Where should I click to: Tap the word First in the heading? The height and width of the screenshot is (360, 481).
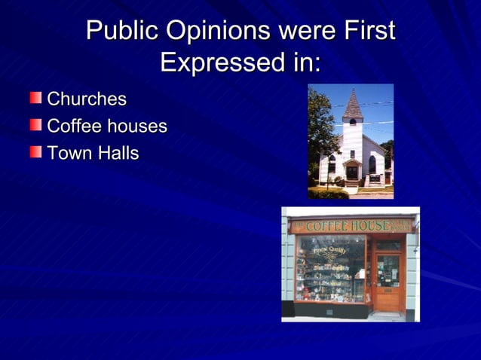(369, 32)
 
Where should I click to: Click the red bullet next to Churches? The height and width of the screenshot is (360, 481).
(35, 98)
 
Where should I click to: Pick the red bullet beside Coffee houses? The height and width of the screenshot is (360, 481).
(35, 125)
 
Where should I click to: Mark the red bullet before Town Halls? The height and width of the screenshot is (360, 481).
(35, 152)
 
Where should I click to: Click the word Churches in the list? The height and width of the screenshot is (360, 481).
(87, 99)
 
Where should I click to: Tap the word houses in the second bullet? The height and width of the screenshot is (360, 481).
(136, 126)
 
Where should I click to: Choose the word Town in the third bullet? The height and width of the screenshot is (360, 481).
(66, 153)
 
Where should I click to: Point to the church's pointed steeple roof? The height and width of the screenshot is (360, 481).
(352, 104)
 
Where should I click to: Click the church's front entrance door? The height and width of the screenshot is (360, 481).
(352, 172)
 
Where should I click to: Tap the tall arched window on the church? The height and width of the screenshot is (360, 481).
(372, 164)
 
